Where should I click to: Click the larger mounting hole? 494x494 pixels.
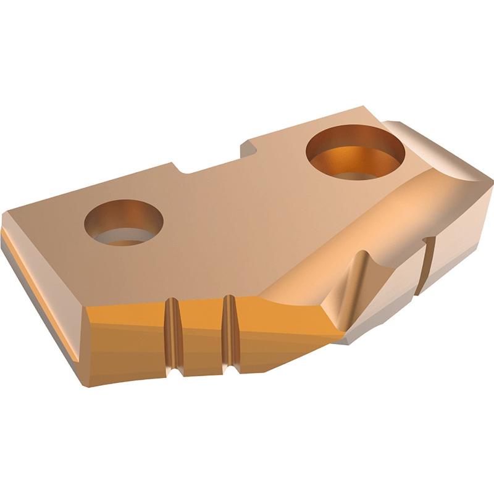pyautogui.click(x=356, y=151)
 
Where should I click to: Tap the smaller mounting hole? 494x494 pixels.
pyautogui.click(x=125, y=222)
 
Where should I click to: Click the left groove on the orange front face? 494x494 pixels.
pyautogui.click(x=173, y=337)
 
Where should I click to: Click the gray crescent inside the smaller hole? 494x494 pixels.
pyautogui.click(x=124, y=237)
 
